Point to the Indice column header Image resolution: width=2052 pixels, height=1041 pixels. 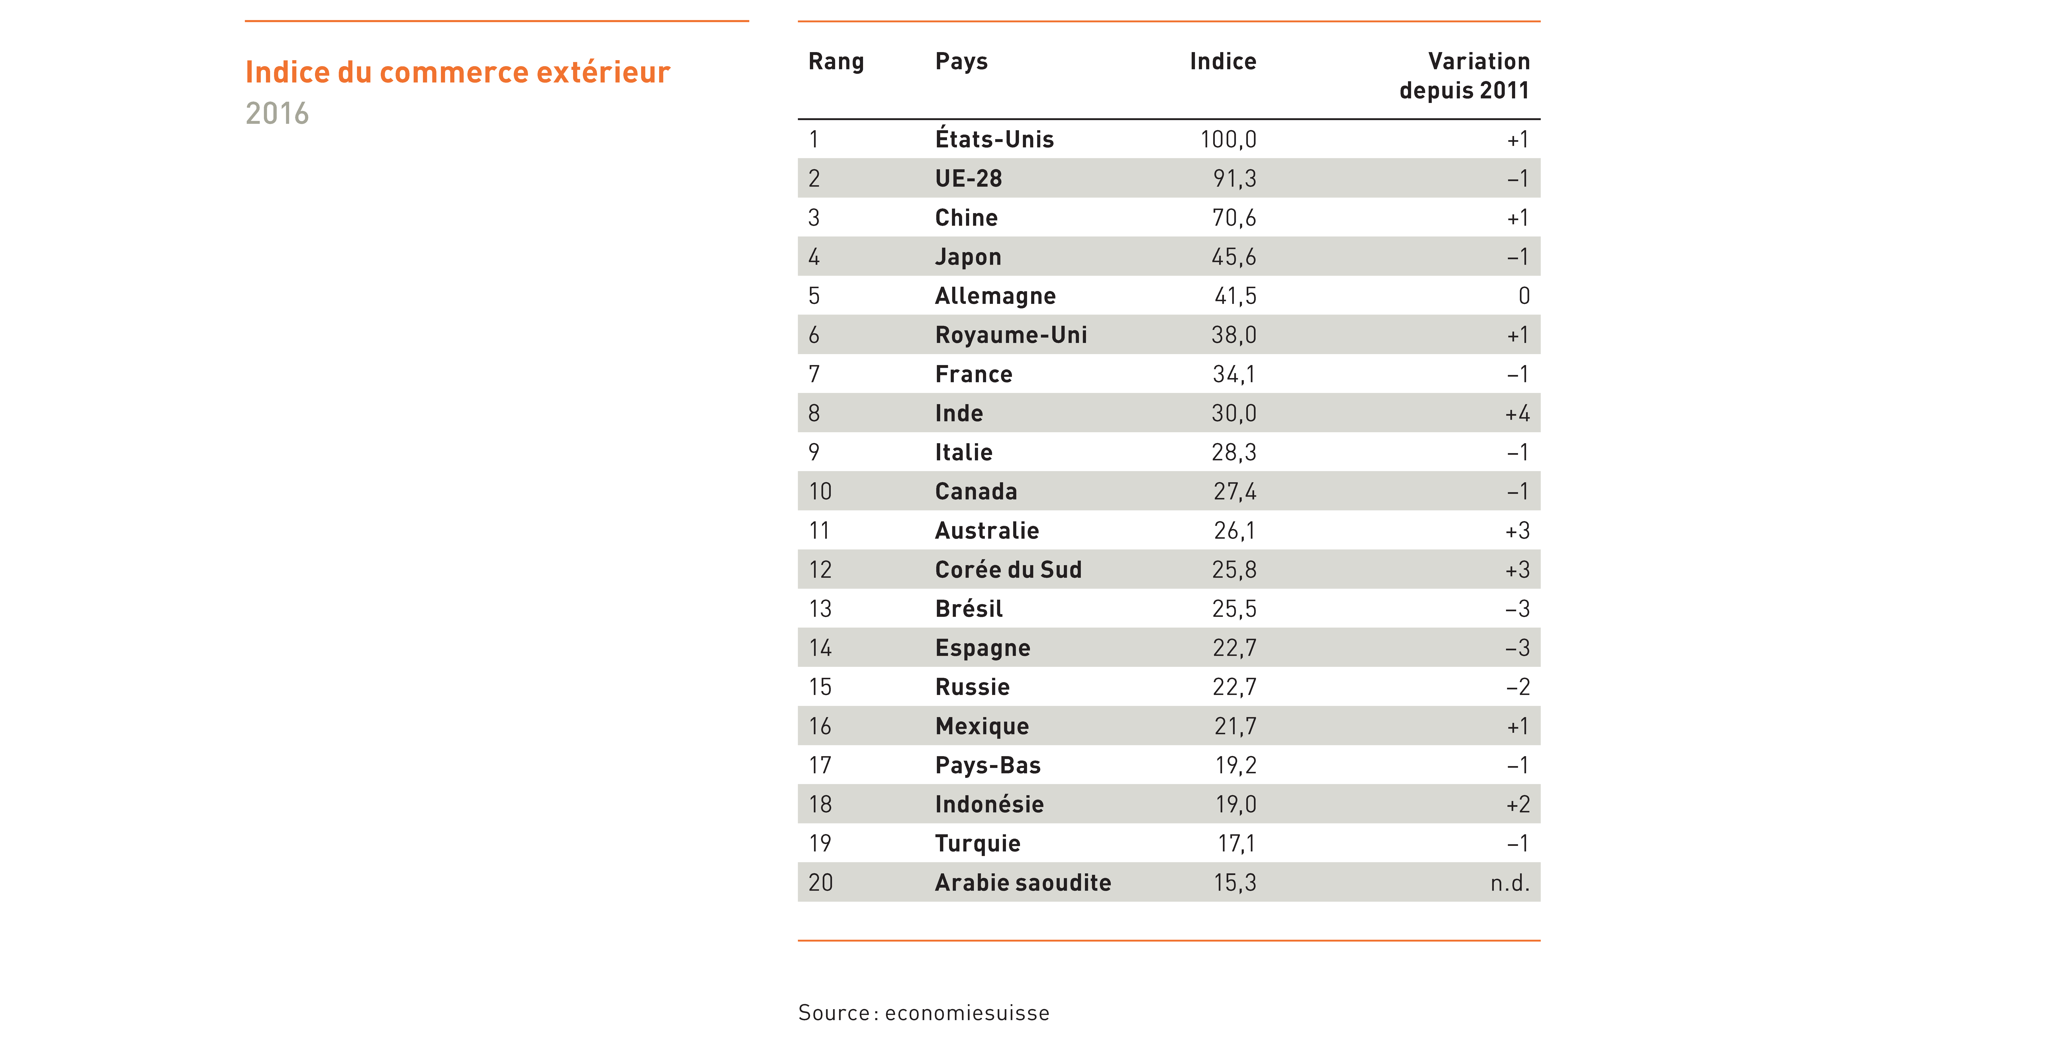1223,61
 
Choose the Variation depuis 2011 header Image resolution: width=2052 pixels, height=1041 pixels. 1465,76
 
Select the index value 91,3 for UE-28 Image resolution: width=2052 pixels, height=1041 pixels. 1235,178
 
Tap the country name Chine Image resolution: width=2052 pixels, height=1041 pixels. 966,217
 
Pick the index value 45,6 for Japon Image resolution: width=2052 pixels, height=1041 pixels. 1234,257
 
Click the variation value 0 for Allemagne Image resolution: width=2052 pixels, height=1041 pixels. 1524,295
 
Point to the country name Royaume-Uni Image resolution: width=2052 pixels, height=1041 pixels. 1011,334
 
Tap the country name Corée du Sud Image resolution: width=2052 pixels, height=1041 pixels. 1008,569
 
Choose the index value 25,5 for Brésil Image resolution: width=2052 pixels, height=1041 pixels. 1234,609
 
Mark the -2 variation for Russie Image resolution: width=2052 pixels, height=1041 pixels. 1518,686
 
